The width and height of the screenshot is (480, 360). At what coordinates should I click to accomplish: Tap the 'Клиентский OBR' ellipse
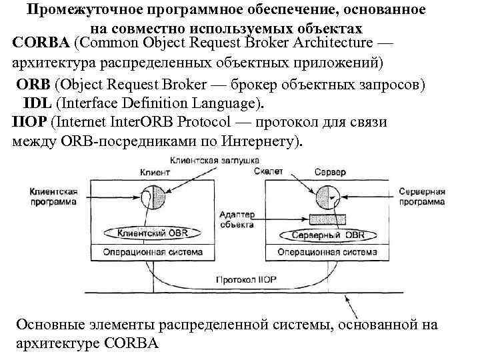coord(153,234)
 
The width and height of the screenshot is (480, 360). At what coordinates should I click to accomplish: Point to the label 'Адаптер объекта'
coord(236,219)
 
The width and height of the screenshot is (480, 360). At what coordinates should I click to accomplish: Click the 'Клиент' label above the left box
coord(155,172)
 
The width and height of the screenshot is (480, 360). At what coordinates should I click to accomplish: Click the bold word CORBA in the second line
coord(41,43)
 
